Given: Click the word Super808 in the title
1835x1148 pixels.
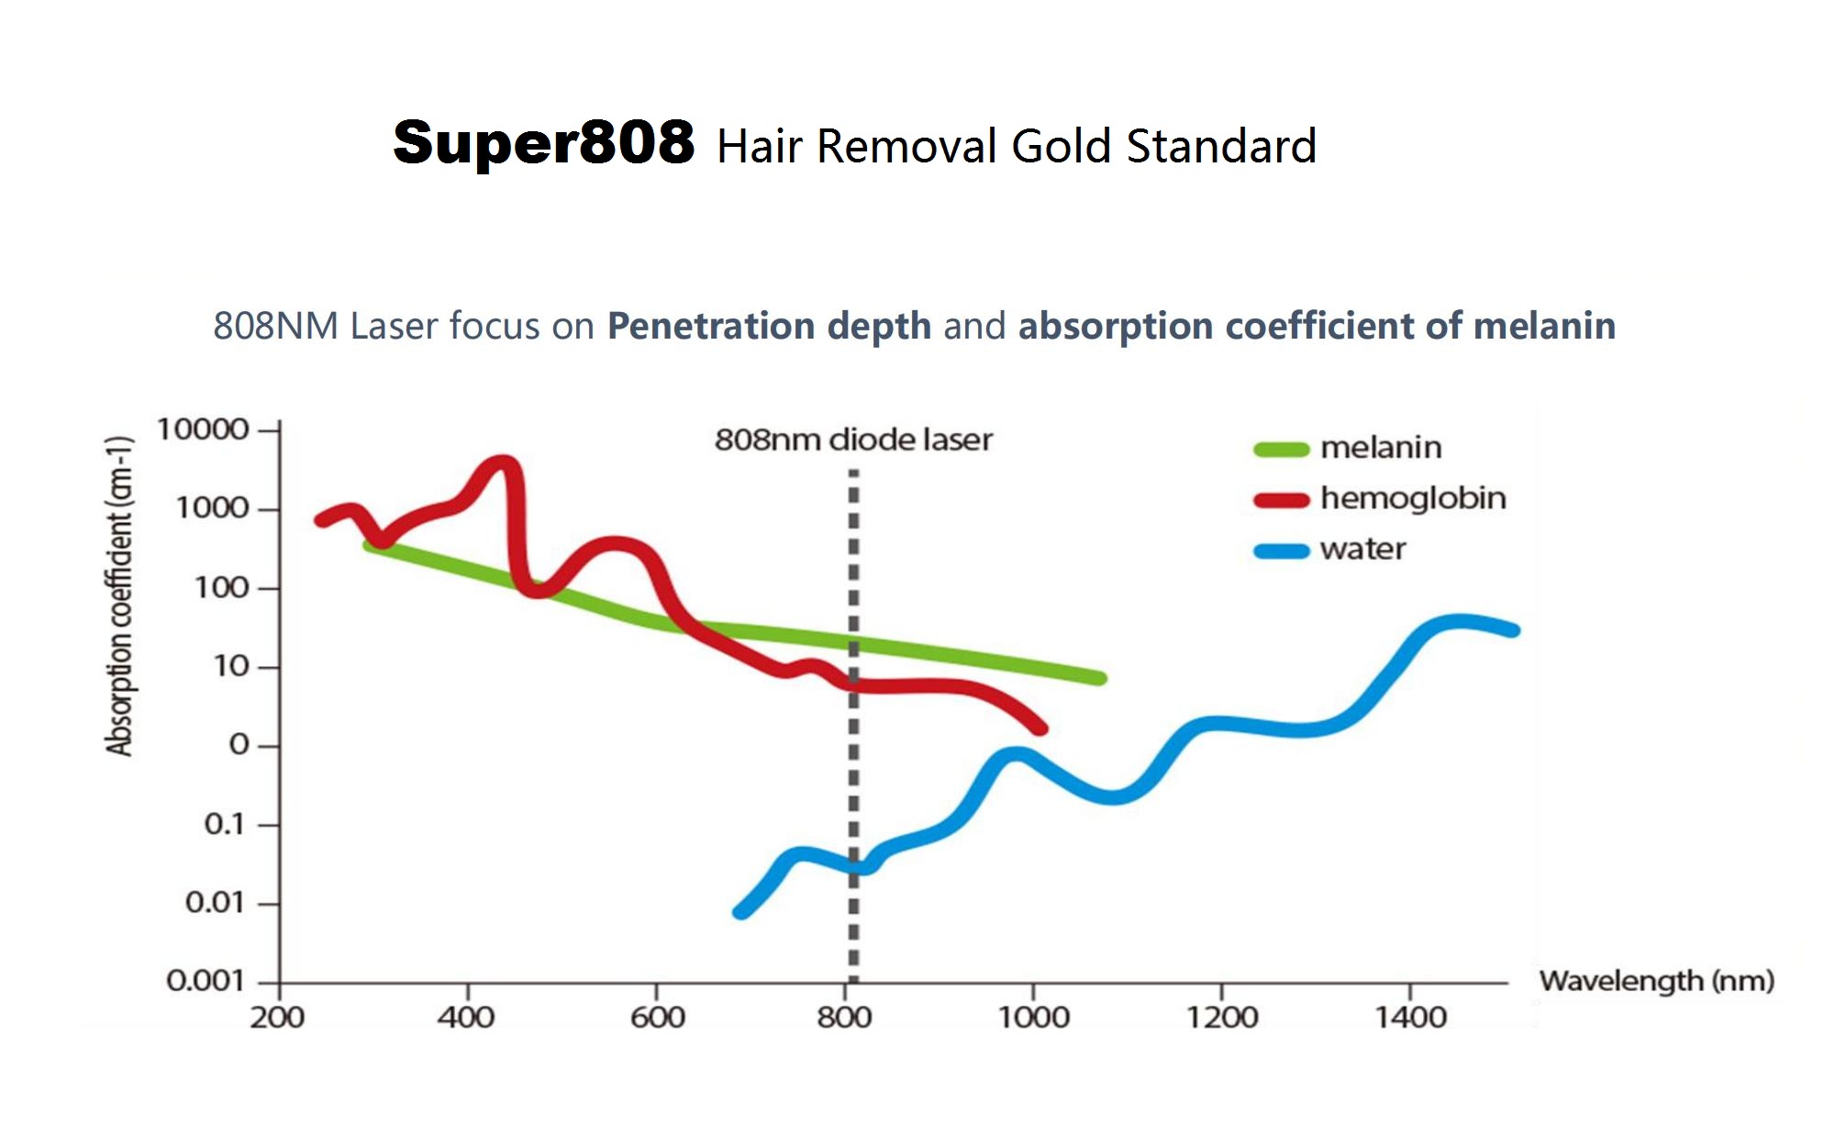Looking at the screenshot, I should (x=543, y=143).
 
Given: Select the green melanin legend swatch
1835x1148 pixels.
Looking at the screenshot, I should (x=1281, y=449).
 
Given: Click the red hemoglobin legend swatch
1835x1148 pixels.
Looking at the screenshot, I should (x=1281, y=500).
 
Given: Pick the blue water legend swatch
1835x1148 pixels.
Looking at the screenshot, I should (x=1281, y=551).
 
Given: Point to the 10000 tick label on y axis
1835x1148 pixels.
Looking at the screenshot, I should (x=203, y=429).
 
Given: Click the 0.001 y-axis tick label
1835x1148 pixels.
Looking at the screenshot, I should (x=206, y=981).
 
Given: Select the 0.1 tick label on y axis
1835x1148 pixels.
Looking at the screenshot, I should (x=225, y=824).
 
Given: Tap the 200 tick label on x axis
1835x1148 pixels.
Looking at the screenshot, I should (x=277, y=1018).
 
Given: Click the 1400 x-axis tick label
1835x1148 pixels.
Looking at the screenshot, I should (x=1410, y=1018).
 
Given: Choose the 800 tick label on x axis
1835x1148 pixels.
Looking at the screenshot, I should (x=844, y=1018).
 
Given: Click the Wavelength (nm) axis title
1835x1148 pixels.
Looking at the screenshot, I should (x=1656, y=981).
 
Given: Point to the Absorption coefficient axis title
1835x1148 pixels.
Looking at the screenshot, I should (x=119, y=596).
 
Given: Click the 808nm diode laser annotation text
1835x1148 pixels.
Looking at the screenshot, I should (x=853, y=440).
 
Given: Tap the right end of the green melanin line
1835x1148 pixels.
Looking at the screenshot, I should (x=1099, y=678).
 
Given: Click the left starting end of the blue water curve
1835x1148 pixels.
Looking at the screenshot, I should (x=740, y=911).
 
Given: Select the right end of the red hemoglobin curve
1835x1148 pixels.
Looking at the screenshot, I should (x=1040, y=729).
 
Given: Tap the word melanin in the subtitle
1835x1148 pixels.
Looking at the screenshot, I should (x=1544, y=326).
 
